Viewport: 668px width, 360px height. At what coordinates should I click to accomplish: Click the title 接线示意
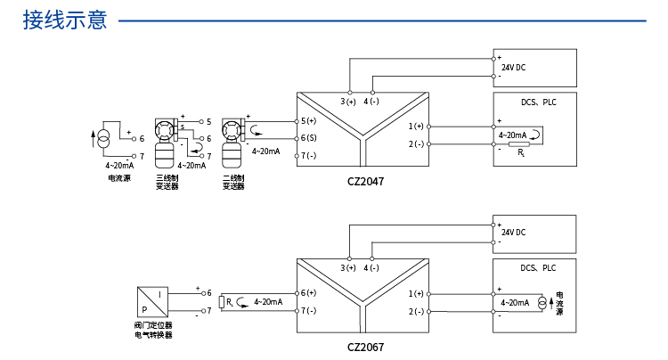(65, 20)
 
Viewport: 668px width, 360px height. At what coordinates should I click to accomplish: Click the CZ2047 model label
(365, 182)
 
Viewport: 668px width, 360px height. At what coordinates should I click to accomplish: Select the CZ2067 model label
(365, 348)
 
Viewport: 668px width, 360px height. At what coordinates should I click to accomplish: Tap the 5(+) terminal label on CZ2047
(308, 121)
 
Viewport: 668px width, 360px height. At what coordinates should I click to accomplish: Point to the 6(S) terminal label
(308, 138)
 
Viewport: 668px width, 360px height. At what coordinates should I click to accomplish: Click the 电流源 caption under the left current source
(119, 178)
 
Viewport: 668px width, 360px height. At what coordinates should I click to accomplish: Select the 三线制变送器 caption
(167, 182)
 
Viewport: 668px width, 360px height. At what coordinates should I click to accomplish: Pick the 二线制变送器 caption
(233, 182)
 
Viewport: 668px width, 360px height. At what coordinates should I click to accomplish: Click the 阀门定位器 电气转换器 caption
(153, 331)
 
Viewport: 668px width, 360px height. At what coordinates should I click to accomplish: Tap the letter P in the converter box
(144, 310)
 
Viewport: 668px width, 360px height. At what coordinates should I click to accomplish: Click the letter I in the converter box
(159, 295)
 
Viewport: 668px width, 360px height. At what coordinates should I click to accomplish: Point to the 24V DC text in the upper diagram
(513, 68)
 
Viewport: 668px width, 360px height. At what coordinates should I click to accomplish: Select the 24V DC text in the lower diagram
(513, 233)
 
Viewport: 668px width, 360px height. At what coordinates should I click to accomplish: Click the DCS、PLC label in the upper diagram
(539, 102)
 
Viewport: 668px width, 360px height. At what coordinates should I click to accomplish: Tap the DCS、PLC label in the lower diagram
(538, 268)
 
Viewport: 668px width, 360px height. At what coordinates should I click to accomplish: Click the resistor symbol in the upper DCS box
(519, 144)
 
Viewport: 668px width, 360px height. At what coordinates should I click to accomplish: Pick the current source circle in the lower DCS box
(542, 303)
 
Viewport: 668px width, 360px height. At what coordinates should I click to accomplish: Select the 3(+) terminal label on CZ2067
(348, 268)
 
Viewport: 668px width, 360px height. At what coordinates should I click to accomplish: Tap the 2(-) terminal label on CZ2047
(416, 144)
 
